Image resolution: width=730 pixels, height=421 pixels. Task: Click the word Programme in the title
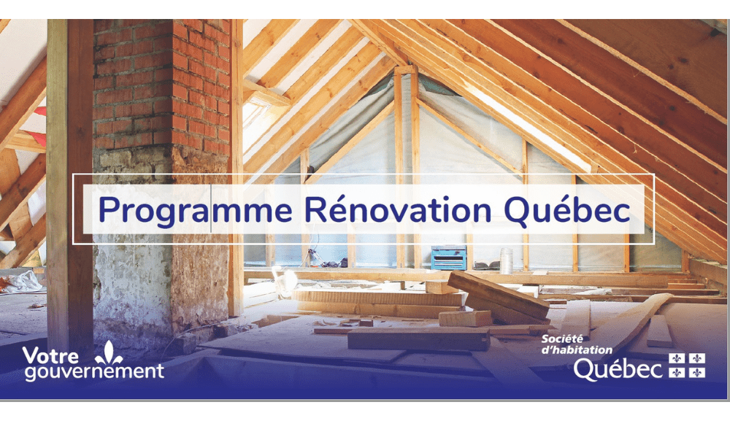pos(196,211)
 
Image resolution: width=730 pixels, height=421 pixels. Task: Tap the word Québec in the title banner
pos(567,210)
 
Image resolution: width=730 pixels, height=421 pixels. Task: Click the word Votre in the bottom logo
pos(50,356)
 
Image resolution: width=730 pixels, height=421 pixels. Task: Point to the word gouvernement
pos(94,371)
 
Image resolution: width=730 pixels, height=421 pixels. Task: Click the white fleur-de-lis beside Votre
pos(109,352)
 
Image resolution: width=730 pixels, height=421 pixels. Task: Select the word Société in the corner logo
pos(562,339)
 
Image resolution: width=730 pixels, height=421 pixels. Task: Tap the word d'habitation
pos(577,349)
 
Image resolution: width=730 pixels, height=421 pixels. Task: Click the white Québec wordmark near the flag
pos(618,369)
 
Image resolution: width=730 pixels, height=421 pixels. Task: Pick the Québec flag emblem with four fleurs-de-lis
pos(687,365)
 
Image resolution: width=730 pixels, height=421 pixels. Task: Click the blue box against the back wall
pos(449,258)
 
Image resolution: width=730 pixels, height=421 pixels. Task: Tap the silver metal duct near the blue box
pos(506,260)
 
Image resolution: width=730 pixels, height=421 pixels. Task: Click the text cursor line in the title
pos(212,209)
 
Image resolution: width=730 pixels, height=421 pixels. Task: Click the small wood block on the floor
pos(465,319)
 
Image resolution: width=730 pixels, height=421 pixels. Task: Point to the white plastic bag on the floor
pos(22,282)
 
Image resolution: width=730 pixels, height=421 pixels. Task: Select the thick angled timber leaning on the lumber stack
pos(498,296)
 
